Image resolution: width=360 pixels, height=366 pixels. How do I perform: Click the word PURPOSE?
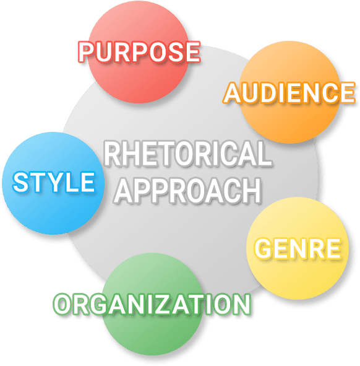pos(139,52)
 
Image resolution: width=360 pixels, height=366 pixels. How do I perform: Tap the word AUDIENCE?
pos(289,93)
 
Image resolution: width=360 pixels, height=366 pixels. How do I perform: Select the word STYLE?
pos(54,182)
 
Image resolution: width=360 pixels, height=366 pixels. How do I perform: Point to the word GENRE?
pos(298,248)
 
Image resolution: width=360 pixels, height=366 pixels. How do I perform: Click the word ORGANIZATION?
pos(152,304)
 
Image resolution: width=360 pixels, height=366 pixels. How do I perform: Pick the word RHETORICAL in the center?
pos(187,154)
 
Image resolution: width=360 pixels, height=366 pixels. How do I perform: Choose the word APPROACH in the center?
pos(187,190)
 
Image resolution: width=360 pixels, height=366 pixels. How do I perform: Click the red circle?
pos(139,52)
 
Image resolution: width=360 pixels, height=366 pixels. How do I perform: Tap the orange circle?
pos(290,92)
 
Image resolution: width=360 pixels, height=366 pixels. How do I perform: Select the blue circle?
pos(53,183)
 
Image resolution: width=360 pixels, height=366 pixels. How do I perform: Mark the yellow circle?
pos(298,248)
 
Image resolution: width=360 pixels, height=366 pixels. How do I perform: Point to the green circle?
pos(153,304)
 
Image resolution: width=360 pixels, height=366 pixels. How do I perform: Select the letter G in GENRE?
pos(263,248)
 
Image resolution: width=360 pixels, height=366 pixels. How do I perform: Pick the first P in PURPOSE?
pos(87,52)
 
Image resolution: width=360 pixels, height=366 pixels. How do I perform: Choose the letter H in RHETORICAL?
pos(131,154)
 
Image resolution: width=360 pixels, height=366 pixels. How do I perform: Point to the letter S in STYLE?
pos(20,182)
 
